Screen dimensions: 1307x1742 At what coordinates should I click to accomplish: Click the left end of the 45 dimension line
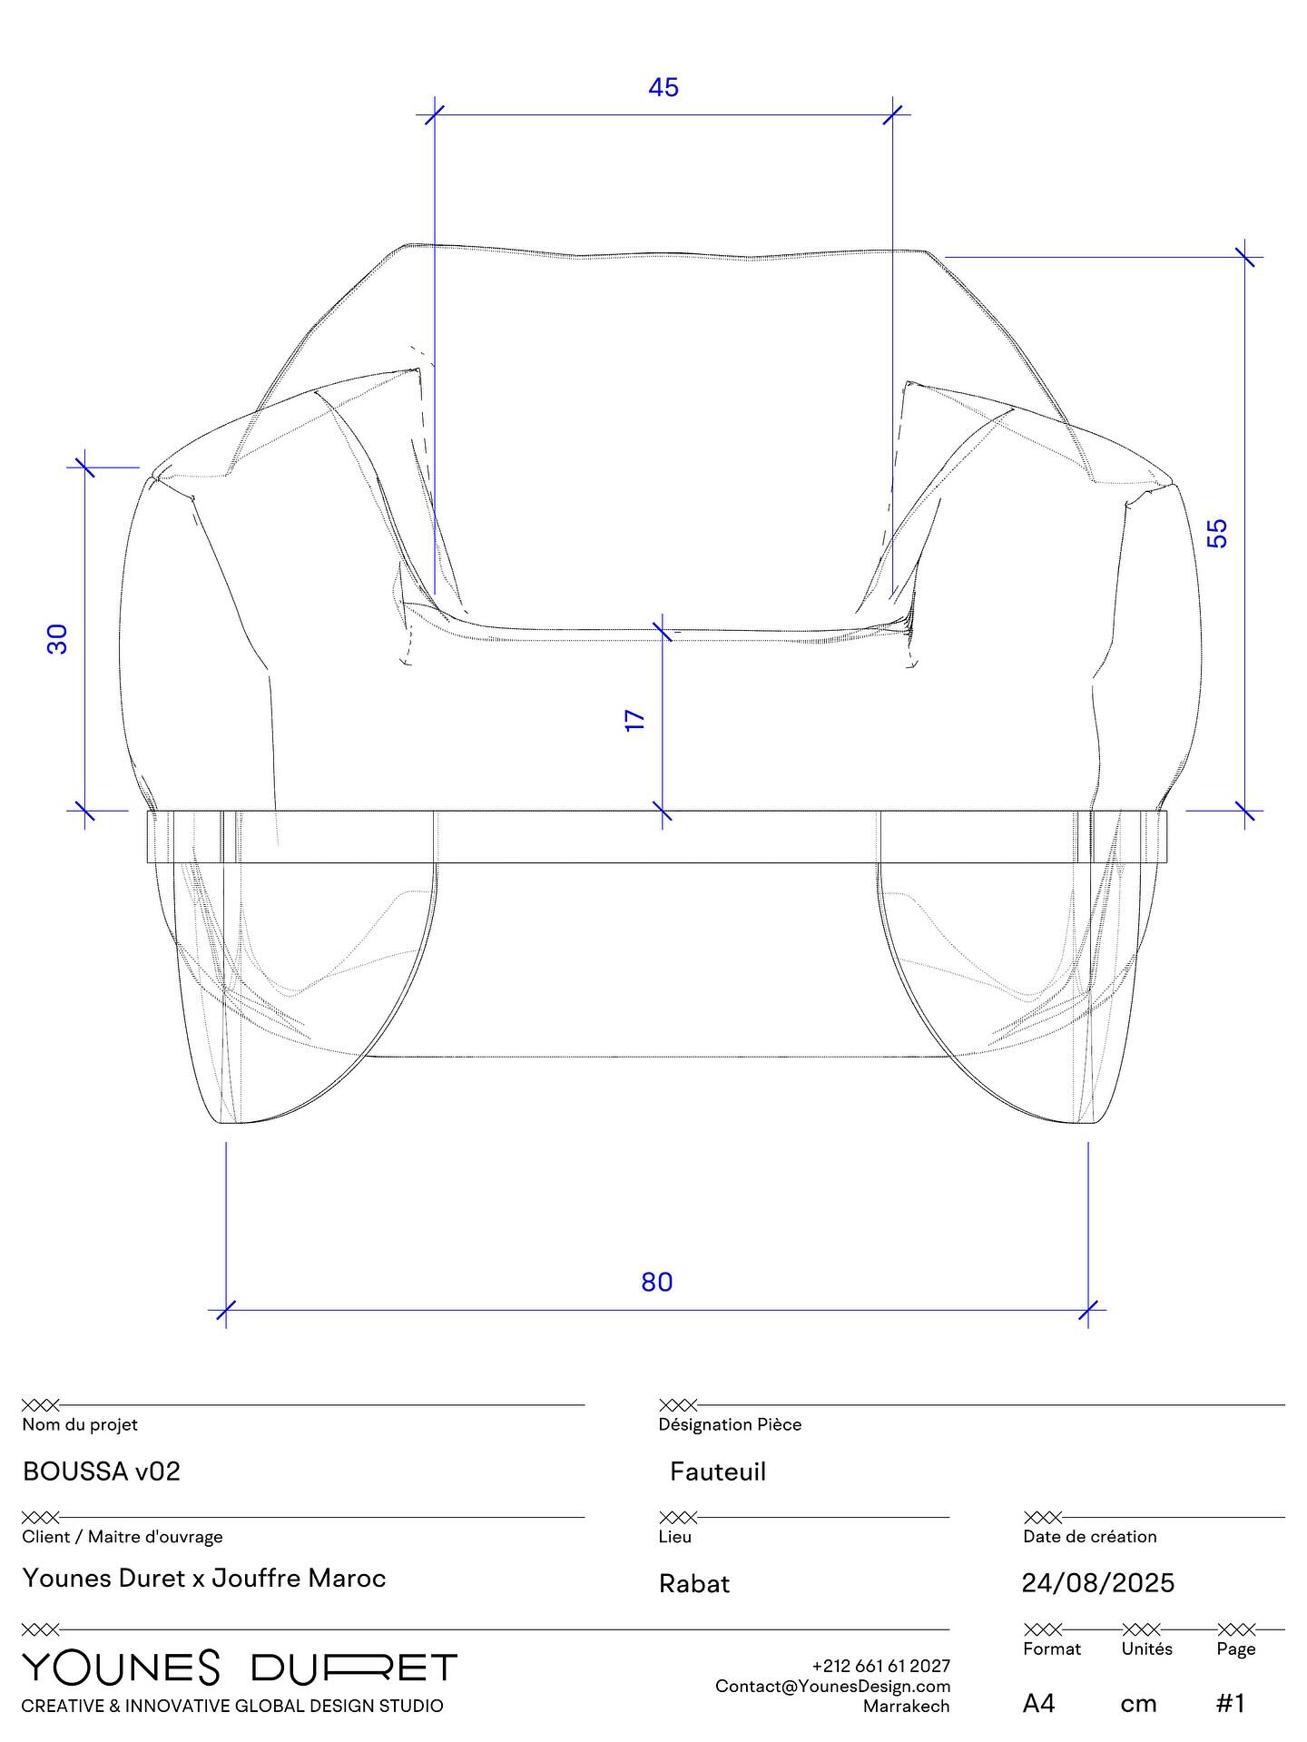pos(435,114)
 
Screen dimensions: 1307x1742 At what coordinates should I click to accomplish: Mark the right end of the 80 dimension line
pos(1088,1310)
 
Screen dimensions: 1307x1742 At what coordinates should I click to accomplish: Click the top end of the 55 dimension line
pos(1245,257)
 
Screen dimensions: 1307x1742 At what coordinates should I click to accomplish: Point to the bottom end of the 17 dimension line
pos(663,810)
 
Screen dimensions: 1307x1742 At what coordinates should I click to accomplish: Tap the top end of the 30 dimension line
pos(85,467)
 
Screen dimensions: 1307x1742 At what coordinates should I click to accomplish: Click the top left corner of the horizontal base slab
pos(147,811)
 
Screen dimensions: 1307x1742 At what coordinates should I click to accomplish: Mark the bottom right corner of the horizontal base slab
pos(1167,862)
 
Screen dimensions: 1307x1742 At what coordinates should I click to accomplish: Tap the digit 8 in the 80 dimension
pos(649,1282)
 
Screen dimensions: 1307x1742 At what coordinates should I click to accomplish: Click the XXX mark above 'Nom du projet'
pos(40,1406)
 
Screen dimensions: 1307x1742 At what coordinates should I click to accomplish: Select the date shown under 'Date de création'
pos(1098,1583)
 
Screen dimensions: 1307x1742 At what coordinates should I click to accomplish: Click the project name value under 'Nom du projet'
pos(102,1471)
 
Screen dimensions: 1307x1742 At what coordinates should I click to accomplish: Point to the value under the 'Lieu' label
pos(694,1584)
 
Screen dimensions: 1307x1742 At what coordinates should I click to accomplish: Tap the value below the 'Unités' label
pos(1138,1704)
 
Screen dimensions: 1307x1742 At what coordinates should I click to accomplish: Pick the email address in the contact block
pos(832,1686)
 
